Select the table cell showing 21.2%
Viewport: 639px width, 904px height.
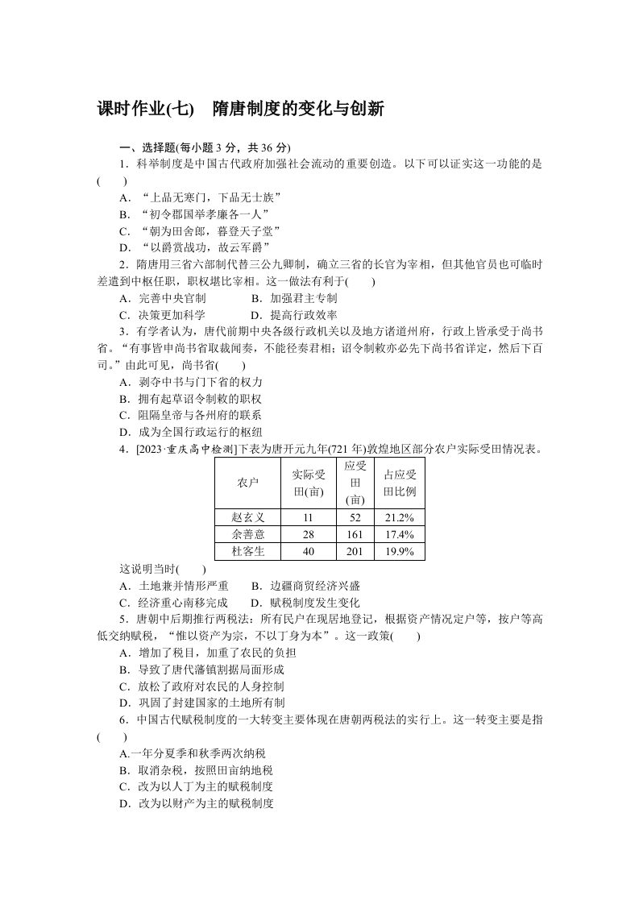click(x=399, y=517)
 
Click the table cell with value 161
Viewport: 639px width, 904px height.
click(x=355, y=534)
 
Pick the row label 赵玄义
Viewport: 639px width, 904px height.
click(x=248, y=517)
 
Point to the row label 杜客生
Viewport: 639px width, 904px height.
click(x=248, y=552)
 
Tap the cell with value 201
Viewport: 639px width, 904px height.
click(x=355, y=552)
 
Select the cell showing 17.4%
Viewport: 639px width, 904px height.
click(x=399, y=534)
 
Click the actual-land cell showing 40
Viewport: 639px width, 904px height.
click(x=308, y=552)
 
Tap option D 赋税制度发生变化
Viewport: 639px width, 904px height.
click(x=305, y=603)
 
